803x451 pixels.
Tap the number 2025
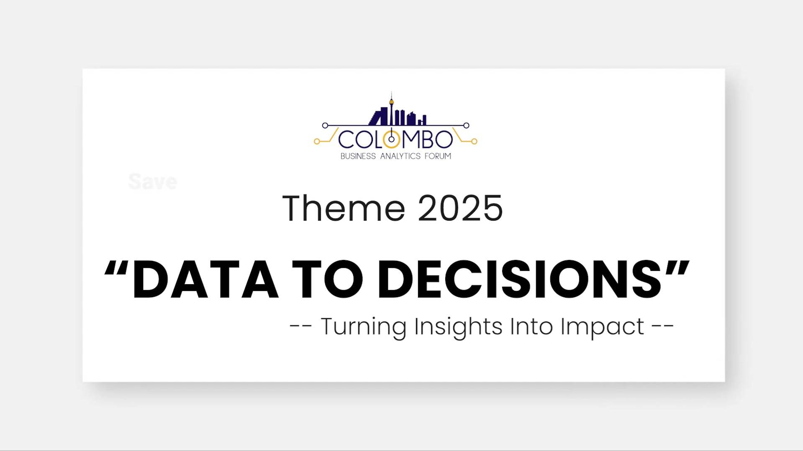(460, 208)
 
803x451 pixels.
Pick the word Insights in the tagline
(458, 327)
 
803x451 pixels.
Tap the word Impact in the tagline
(602, 327)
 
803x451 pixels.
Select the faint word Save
(153, 182)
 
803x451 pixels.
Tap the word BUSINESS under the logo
(358, 156)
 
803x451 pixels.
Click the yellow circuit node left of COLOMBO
(317, 142)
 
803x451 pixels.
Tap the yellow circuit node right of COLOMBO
(474, 142)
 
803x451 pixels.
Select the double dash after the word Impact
(663, 326)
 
